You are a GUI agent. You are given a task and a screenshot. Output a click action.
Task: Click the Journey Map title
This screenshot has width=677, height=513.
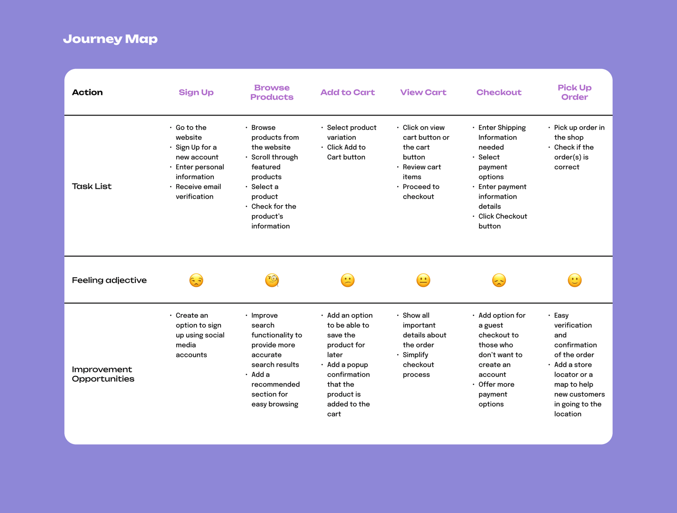110,39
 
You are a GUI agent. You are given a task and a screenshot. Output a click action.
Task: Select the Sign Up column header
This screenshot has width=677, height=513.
196,93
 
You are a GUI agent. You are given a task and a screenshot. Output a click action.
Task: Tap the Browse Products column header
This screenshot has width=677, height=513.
272,92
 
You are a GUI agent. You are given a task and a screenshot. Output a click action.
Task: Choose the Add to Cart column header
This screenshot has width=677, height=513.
347,92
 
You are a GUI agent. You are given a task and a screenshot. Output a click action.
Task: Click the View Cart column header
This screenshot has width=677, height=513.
423,92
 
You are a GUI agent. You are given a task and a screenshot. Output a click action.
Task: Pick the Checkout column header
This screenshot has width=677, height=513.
499,92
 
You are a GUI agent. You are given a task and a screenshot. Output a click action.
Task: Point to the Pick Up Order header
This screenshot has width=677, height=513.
575,92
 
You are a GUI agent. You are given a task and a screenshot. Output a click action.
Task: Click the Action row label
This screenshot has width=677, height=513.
87,92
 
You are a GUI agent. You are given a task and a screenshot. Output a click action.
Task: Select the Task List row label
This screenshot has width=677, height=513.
92,186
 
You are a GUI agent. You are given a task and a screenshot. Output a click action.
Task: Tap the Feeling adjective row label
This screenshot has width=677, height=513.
109,280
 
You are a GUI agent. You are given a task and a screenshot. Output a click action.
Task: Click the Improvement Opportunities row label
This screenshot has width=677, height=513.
103,374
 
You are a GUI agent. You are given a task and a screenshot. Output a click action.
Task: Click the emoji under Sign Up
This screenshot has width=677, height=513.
196,280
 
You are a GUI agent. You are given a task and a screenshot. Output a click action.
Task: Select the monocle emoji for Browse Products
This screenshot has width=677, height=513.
272,280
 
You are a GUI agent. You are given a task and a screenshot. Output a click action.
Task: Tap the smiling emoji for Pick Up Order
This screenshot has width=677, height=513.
575,280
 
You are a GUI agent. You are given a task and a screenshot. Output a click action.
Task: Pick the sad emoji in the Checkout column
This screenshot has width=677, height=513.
499,280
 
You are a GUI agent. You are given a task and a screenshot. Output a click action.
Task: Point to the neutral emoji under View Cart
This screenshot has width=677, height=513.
423,280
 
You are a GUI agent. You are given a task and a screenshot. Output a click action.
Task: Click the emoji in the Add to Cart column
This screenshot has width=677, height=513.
347,280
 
